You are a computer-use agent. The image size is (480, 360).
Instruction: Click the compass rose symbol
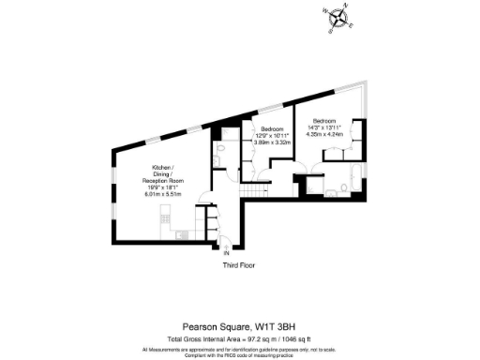tap(336, 16)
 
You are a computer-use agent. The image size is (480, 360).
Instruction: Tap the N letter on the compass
tap(345, 7)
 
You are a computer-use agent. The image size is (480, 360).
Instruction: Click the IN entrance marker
tap(226, 252)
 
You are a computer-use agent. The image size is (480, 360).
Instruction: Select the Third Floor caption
tap(240, 265)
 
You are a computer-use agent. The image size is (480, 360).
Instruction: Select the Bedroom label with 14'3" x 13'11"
tap(324, 121)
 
